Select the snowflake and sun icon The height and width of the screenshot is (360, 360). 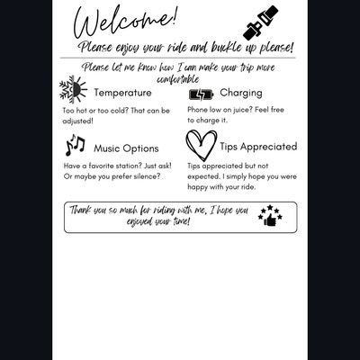click(x=73, y=90)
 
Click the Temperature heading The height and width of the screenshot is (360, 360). click(x=122, y=93)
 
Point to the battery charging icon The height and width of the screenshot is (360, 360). click(x=201, y=94)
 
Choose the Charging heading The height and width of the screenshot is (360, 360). click(x=241, y=93)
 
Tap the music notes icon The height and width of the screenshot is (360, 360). click(x=75, y=145)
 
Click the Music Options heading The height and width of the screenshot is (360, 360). click(x=126, y=148)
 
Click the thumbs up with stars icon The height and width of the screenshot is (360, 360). click(x=269, y=216)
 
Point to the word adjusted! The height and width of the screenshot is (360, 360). click(x=79, y=120)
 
